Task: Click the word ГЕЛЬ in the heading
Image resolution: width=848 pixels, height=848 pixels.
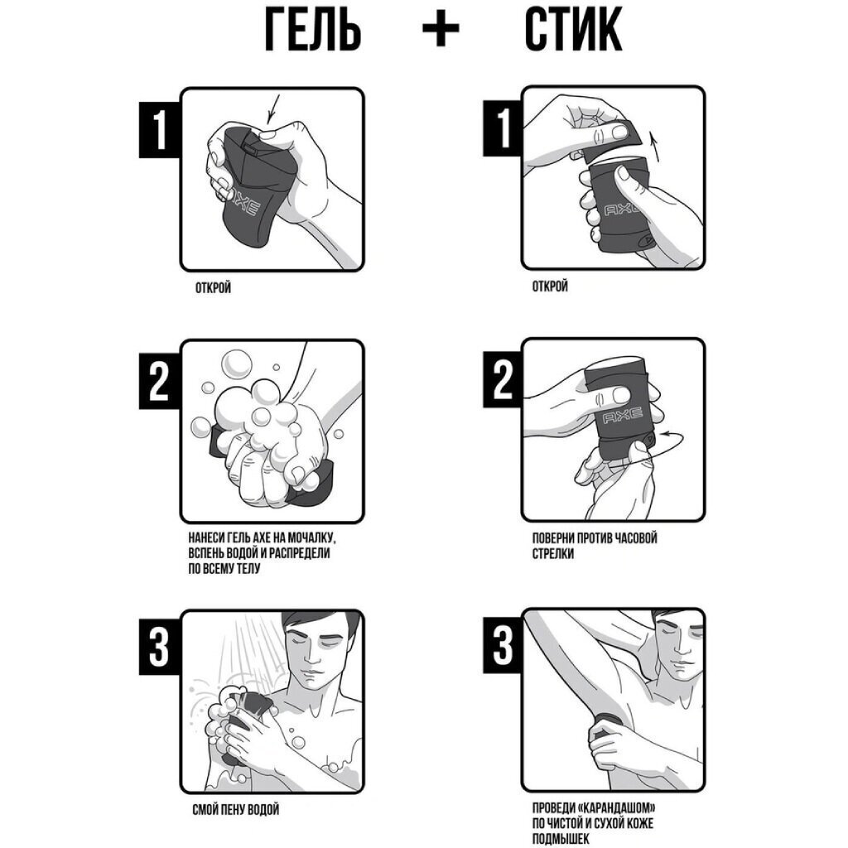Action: (x=312, y=30)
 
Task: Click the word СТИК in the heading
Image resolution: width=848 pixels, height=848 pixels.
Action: (x=573, y=30)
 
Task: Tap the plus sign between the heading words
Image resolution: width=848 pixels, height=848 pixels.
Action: (x=441, y=30)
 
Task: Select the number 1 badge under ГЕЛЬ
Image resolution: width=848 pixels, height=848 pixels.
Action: (x=160, y=130)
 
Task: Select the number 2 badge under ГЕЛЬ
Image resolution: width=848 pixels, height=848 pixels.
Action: (x=160, y=382)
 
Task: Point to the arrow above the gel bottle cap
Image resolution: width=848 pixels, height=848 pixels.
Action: (x=273, y=108)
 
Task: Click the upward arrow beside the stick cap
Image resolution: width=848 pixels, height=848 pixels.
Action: (x=656, y=148)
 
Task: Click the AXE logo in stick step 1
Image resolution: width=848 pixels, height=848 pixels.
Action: (x=622, y=210)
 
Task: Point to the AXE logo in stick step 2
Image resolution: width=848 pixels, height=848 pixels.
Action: (x=622, y=416)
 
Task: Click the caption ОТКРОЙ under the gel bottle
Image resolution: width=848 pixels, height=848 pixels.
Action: (x=213, y=287)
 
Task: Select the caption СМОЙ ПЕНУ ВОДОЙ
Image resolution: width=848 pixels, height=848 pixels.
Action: (x=236, y=810)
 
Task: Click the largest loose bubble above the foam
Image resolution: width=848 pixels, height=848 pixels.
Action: (x=236, y=364)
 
